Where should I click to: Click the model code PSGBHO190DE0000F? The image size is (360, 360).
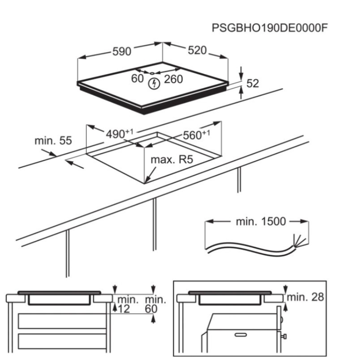tap(269, 28)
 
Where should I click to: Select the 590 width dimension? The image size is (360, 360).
tap(121, 51)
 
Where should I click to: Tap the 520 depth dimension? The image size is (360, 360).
tap(197, 50)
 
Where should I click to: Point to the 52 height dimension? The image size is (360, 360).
tap(252, 83)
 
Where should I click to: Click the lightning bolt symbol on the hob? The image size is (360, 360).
tap(154, 84)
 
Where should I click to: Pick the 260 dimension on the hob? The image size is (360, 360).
tap(173, 79)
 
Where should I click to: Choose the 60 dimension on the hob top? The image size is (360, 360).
tap(137, 78)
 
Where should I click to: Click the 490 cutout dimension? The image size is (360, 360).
tap(119, 134)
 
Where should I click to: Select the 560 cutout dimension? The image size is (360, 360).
tap(196, 135)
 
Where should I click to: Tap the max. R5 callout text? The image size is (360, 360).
tap(172, 159)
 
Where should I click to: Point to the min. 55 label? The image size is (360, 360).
tap(53, 140)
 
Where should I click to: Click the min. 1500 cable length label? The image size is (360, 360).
tap(261, 221)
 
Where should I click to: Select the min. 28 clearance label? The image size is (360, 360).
tap(305, 297)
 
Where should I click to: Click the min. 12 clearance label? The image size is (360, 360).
tap(128, 304)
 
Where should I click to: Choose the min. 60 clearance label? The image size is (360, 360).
tap(155, 304)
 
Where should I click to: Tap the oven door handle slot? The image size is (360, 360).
tap(240, 335)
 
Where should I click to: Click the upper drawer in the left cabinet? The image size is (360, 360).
tap(62, 321)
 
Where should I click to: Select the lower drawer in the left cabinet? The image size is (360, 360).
tap(62, 341)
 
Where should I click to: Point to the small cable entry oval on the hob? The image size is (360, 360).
tap(152, 73)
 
